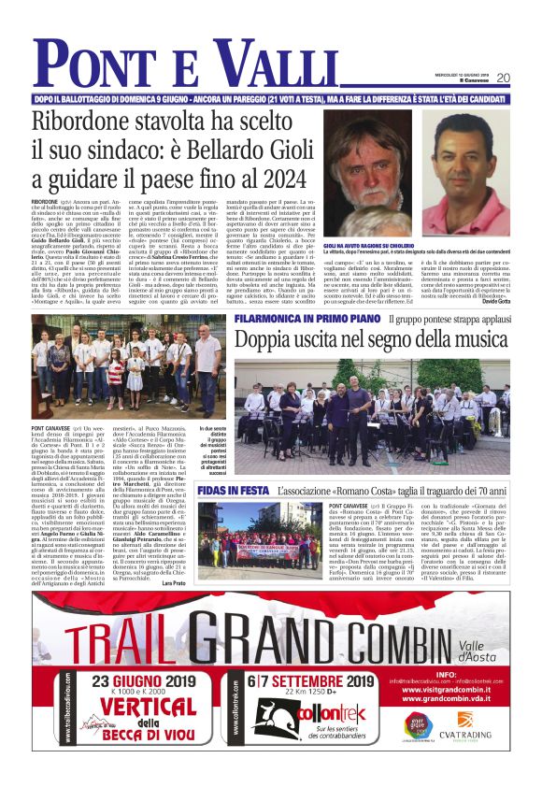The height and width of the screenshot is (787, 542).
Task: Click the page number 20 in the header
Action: pos(502,78)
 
